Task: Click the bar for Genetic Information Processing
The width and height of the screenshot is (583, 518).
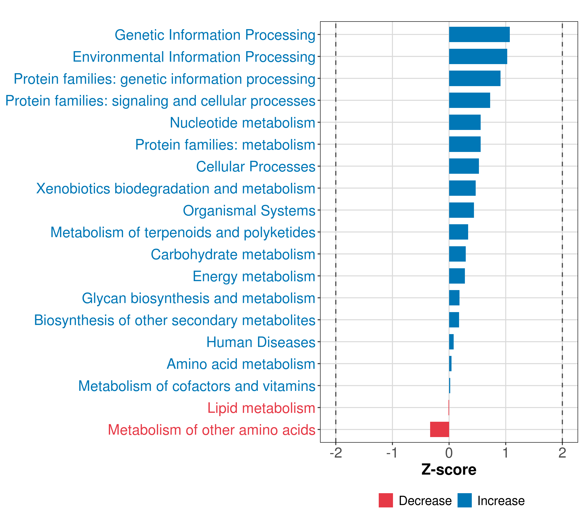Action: coord(479,35)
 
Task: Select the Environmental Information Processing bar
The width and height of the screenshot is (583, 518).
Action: coord(478,57)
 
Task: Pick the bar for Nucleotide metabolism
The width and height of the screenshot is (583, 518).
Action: coord(465,122)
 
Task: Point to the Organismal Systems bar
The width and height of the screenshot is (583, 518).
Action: coord(461,210)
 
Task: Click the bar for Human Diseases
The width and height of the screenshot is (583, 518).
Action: coord(451,342)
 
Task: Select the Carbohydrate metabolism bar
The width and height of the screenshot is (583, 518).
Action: coord(457,254)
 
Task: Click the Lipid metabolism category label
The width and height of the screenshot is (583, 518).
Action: coord(261,408)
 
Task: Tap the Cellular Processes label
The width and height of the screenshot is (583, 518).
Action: coord(256,166)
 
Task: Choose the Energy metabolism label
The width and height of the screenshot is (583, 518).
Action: coord(254,276)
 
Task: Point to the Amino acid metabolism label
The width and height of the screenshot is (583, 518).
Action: coord(241,364)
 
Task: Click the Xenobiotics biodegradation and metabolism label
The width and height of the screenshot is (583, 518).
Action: coord(175,188)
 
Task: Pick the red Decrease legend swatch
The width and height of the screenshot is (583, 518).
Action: coord(386,500)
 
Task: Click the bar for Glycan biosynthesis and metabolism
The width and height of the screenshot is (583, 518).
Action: coord(454,298)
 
